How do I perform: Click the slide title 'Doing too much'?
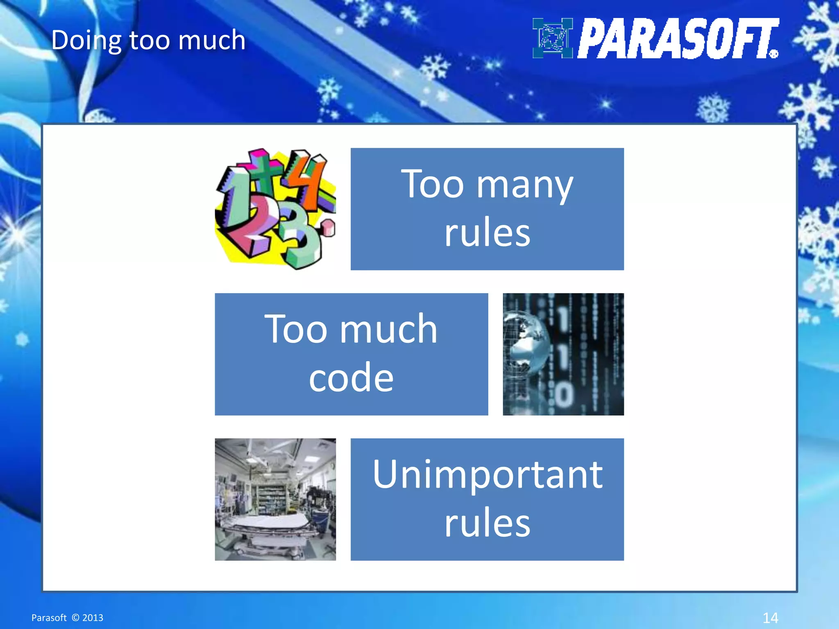pos(148,40)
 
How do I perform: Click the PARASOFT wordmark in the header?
pos(678,39)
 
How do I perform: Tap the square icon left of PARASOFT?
pos(552,38)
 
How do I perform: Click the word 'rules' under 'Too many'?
pos(487,233)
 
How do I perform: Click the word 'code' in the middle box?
pos(351,378)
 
